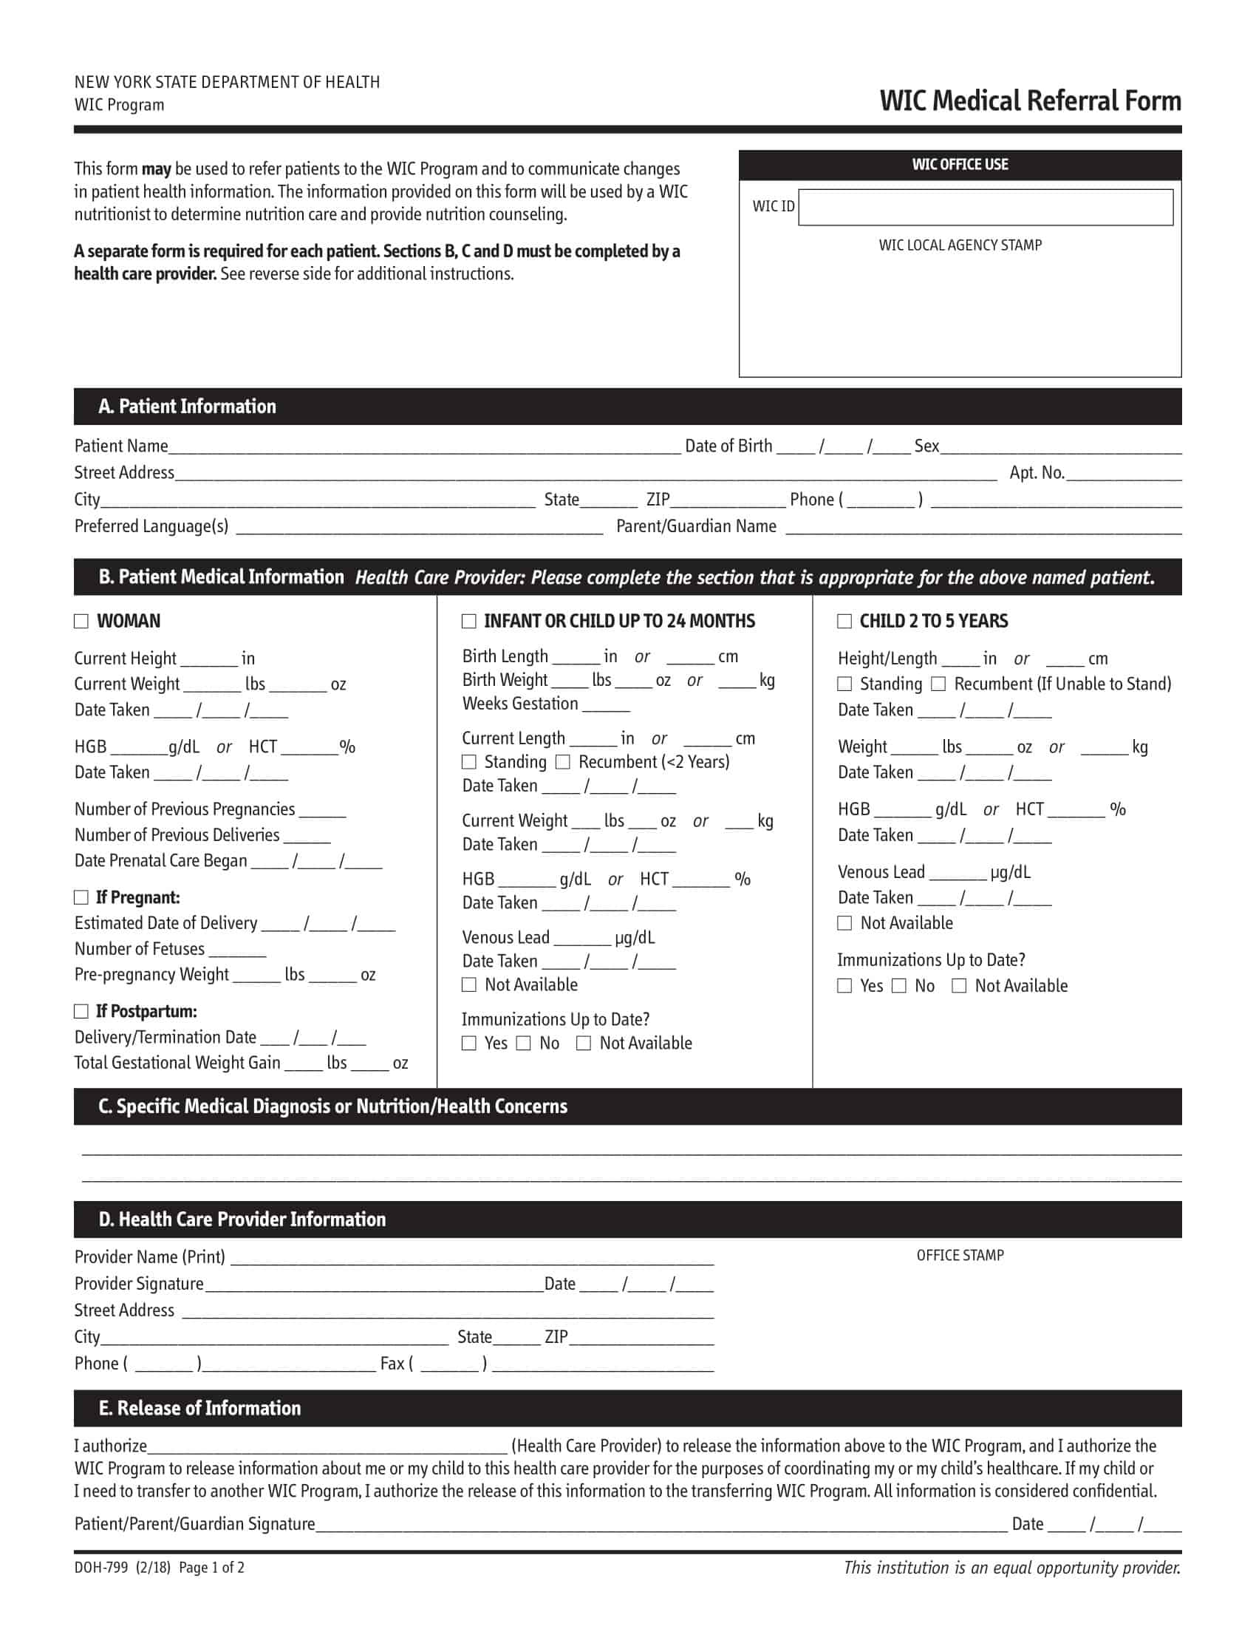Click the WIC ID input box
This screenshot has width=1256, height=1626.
point(985,207)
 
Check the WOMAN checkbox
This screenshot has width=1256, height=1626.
point(81,621)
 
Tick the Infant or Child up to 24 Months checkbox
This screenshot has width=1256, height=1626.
point(468,621)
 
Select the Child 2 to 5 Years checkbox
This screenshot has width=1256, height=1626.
point(844,621)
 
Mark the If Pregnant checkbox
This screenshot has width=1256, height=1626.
point(81,897)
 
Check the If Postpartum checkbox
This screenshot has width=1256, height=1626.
point(81,1011)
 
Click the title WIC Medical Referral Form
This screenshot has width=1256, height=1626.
point(1030,101)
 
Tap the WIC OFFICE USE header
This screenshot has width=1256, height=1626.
point(960,165)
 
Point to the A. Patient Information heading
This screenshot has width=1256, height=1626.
point(187,406)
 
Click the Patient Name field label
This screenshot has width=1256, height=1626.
point(121,446)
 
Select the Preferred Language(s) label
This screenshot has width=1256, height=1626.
point(151,526)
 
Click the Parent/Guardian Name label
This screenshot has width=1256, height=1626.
point(696,526)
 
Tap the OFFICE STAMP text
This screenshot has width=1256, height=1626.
point(960,1255)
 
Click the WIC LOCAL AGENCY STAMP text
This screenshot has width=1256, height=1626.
point(960,245)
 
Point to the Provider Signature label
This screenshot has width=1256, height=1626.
point(138,1284)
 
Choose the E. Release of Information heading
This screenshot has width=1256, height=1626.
point(199,1408)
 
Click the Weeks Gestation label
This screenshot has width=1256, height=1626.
point(519,704)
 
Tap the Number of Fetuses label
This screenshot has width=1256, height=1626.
point(139,948)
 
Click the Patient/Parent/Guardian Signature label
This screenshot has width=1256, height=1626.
point(194,1524)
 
